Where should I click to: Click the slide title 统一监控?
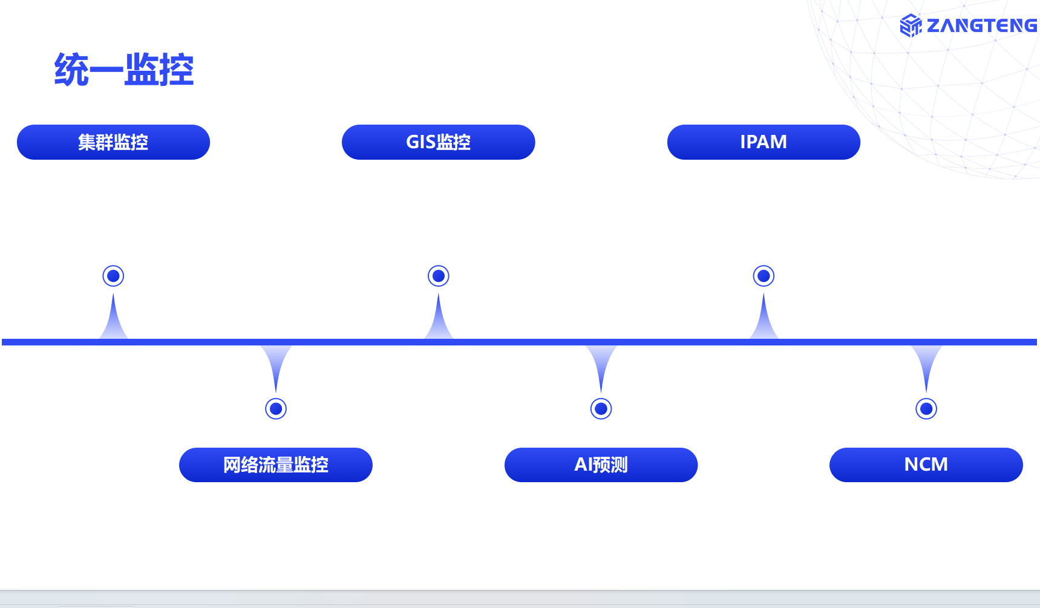[x=124, y=70]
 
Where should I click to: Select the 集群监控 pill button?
[x=113, y=142]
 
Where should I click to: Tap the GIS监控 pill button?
[x=438, y=142]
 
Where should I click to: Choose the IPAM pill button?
[x=764, y=142]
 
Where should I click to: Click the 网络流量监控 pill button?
[x=276, y=465]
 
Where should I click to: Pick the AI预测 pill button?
[x=601, y=465]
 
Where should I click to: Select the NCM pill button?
[x=926, y=465]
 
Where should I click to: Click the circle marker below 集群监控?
[x=113, y=276]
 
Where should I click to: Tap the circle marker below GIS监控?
[x=439, y=276]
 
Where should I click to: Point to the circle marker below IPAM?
[x=764, y=276]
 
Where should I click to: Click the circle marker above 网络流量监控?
[x=276, y=409]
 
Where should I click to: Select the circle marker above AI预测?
[x=601, y=409]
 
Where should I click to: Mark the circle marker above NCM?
[x=926, y=409]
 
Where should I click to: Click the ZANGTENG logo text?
[x=981, y=25]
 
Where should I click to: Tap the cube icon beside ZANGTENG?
[x=911, y=25]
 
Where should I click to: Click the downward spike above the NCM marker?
[x=926, y=363]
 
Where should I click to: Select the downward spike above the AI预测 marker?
[x=601, y=363]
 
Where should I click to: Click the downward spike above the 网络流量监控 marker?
[x=276, y=363]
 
